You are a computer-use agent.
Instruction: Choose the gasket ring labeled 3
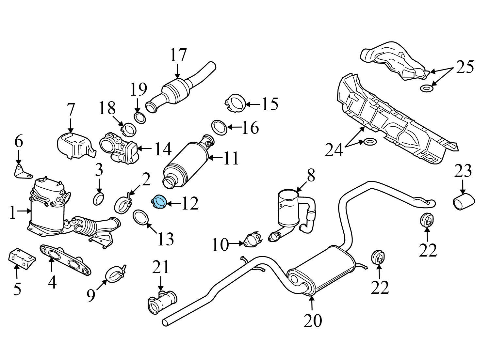[99, 199]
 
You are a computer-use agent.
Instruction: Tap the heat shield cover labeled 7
[74, 145]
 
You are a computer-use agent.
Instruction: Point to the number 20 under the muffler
[313, 321]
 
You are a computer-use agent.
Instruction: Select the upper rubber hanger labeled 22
[426, 220]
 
